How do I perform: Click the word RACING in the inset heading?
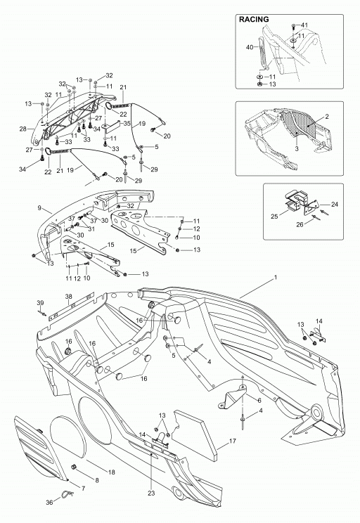(x=254, y=20)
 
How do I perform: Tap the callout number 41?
(x=304, y=25)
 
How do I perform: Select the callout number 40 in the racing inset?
(x=250, y=47)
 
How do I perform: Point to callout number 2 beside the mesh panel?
(x=327, y=117)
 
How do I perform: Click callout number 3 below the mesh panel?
(x=297, y=149)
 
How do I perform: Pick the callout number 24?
(x=334, y=204)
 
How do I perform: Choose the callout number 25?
(x=274, y=217)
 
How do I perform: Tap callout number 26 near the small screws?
(x=300, y=224)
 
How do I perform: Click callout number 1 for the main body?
(x=276, y=277)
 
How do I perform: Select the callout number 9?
(x=39, y=208)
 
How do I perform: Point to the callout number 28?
(x=23, y=129)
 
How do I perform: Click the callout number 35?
(x=127, y=123)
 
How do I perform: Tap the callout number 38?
(x=68, y=296)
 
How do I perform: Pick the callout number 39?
(x=40, y=303)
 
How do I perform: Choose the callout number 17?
(x=233, y=441)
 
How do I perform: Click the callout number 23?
(x=151, y=493)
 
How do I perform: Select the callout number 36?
(x=49, y=503)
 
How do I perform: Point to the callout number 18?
(x=111, y=472)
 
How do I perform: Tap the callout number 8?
(x=97, y=481)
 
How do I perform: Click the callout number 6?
(x=259, y=401)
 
